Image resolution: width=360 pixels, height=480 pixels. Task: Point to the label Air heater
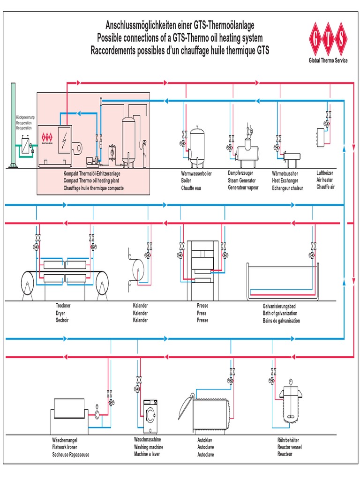(x=325, y=180)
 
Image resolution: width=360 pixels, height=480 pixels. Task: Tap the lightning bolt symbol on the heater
(x=63, y=139)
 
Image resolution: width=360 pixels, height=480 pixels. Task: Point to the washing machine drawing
(x=150, y=416)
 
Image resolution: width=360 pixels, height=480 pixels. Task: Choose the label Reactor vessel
(x=290, y=447)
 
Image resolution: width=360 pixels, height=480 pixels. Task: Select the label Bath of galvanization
(x=280, y=313)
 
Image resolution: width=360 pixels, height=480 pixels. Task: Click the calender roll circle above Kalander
(x=139, y=270)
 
